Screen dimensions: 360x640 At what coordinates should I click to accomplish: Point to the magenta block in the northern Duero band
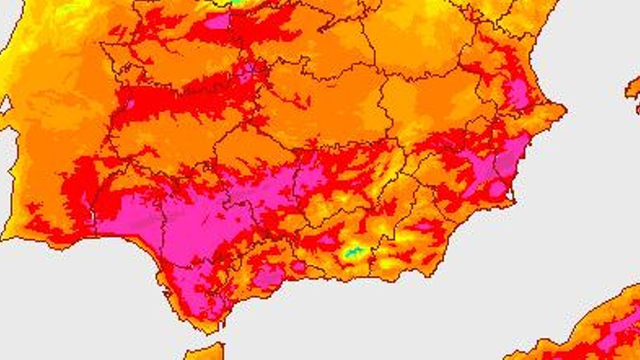pos(217,21)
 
